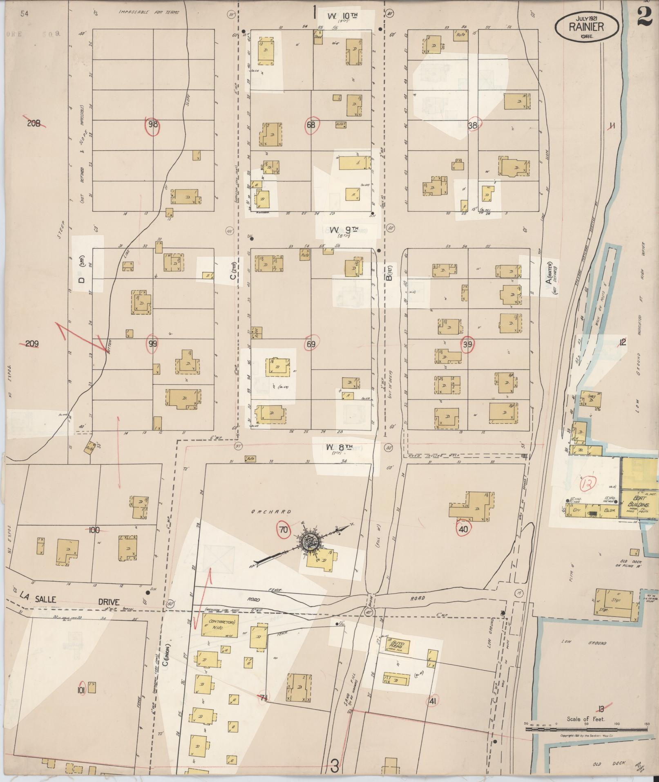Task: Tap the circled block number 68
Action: [311, 125]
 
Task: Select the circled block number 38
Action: [473, 125]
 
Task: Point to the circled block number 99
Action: [152, 344]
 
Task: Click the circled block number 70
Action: [283, 530]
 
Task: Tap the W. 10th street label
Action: [343, 16]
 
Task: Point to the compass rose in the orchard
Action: [308, 542]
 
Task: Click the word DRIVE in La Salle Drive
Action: [109, 602]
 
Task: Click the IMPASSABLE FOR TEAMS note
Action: [149, 12]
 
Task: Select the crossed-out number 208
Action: [34, 123]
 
